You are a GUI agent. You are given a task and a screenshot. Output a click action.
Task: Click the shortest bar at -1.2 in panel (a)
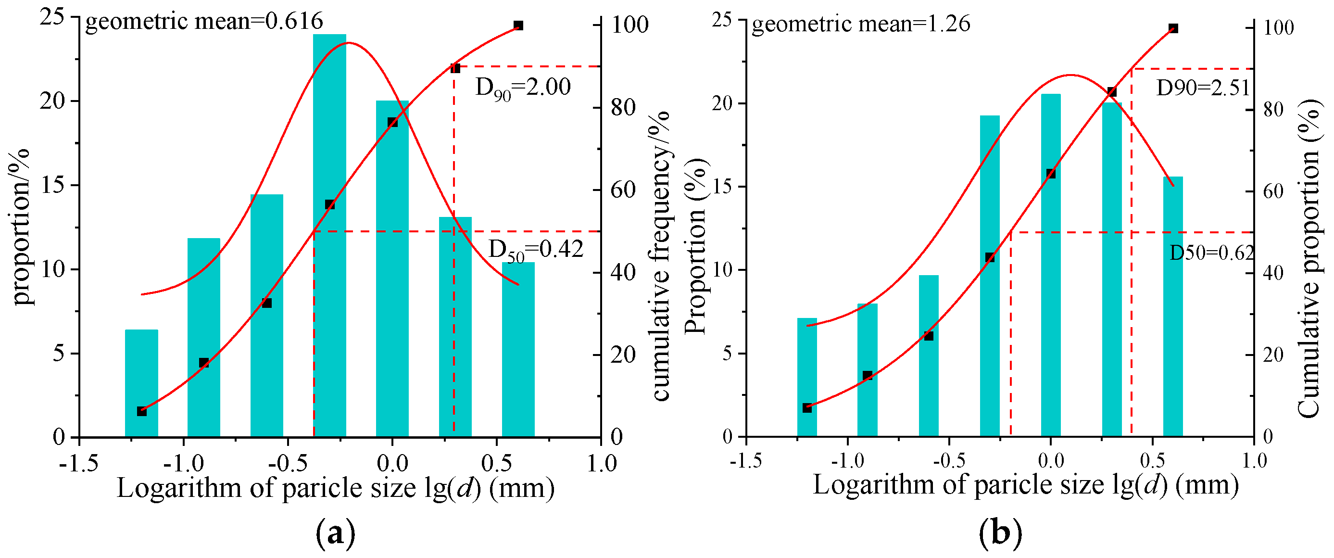point(141,383)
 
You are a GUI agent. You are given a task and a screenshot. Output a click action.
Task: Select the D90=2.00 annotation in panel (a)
point(523,88)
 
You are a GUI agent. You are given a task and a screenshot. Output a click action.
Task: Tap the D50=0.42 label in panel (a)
point(535,250)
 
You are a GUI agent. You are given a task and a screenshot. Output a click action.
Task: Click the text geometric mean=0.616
point(204,22)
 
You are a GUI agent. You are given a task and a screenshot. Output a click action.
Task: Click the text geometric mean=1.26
point(861,25)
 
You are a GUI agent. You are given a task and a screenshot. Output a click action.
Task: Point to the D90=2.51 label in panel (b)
point(1202,89)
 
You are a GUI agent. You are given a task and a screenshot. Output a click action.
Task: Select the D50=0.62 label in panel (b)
point(1211,253)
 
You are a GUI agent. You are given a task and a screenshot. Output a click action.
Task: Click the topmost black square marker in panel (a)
point(518,25)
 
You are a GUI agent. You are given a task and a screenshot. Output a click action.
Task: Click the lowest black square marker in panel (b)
point(807,408)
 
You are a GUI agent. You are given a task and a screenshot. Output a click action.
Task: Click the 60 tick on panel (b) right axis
point(1273,191)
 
